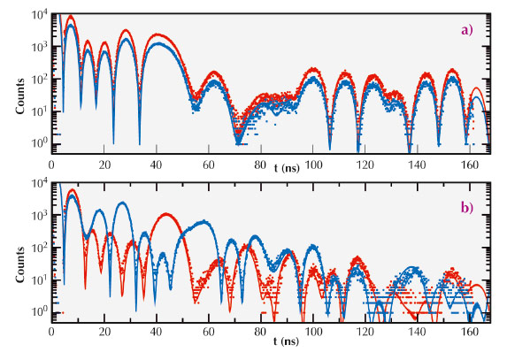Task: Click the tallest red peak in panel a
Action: point(71,17)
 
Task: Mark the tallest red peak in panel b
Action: point(73,190)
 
